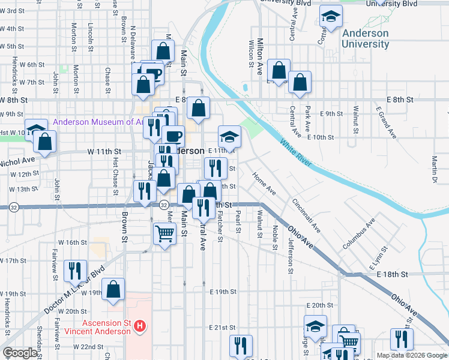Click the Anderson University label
click(365, 38)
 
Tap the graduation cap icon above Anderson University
click(330, 17)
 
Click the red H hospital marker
click(140, 326)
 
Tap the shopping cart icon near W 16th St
click(164, 233)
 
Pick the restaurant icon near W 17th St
click(75, 271)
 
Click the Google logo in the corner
click(20, 353)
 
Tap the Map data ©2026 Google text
click(412, 355)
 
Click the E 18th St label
click(393, 274)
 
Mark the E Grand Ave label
click(387, 123)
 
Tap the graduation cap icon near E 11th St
click(229, 136)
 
